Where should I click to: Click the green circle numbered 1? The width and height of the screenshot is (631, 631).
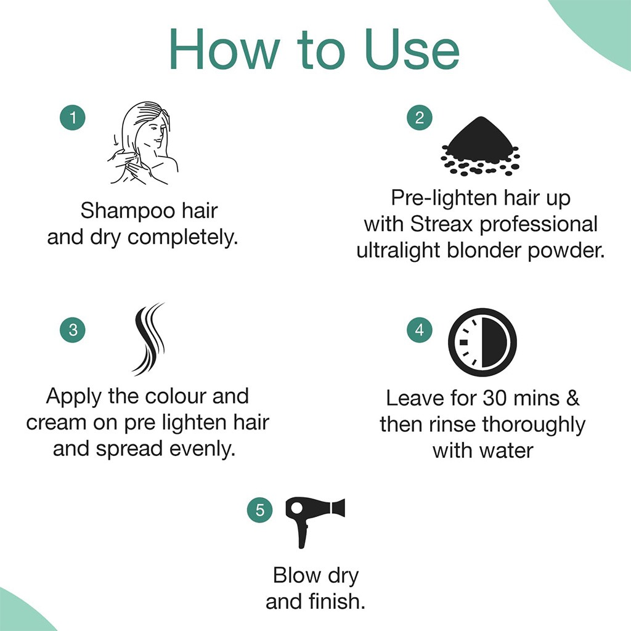tap(73, 118)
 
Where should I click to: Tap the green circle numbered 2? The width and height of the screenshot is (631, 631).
tap(419, 118)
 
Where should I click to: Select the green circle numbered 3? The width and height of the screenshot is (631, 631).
tap(73, 330)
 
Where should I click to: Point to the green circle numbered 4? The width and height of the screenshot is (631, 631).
tap(419, 330)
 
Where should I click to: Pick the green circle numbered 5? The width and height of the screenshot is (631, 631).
tap(259, 510)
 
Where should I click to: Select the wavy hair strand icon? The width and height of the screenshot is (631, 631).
tap(149, 338)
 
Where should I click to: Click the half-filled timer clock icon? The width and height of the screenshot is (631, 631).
tap(482, 342)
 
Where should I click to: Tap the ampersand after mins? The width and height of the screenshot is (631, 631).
tap(572, 398)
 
